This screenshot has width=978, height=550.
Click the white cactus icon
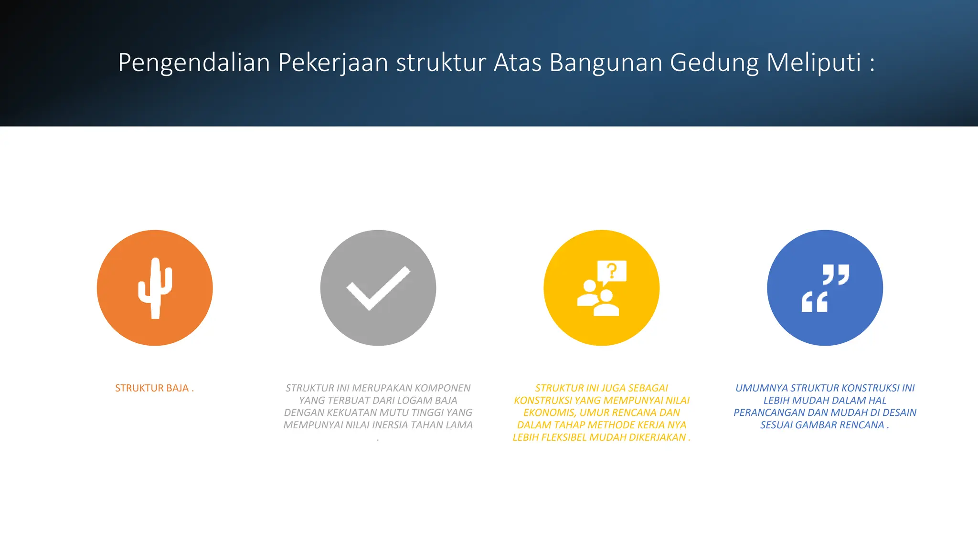[x=154, y=288]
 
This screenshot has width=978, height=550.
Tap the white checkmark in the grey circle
[x=378, y=288]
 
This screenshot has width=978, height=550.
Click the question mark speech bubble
[x=612, y=272]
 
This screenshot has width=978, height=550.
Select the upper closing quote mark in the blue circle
[x=836, y=274]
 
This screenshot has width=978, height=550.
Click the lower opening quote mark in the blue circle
[x=814, y=302]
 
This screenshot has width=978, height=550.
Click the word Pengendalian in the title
[x=194, y=63]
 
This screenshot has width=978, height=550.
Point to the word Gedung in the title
[x=714, y=63]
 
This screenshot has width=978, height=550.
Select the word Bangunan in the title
[x=606, y=63]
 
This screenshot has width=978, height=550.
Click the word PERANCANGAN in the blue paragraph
[x=768, y=412]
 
